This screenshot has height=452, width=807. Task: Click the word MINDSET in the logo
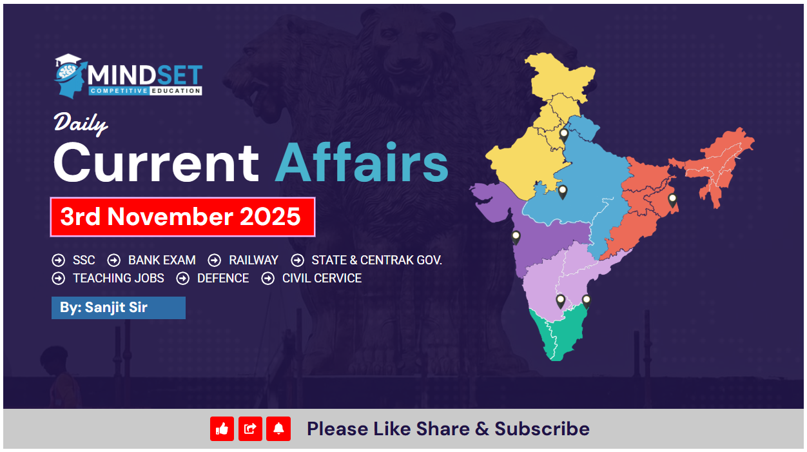coord(146,75)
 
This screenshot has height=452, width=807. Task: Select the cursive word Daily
coord(81,123)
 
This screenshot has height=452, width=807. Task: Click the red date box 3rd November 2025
coord(182,217)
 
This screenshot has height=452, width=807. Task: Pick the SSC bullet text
coord(84,260)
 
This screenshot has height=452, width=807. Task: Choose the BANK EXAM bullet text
coord(162,260)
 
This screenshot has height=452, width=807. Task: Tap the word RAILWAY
coord(253,260)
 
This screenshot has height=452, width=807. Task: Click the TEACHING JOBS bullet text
coord(119,279)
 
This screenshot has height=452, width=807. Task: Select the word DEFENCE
coord(223,279)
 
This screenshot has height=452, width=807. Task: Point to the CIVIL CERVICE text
coord(322,279)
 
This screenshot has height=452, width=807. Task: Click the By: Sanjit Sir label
coord(104,308)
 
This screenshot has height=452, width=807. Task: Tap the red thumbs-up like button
coord(222,429)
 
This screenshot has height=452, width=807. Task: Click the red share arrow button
coord(250,429)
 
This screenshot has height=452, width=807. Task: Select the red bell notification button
coord(278,429)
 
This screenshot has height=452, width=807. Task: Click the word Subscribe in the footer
coord(542,429)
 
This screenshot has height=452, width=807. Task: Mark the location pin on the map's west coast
coord(516,238)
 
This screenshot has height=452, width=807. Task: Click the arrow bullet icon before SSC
coord(59,260)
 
